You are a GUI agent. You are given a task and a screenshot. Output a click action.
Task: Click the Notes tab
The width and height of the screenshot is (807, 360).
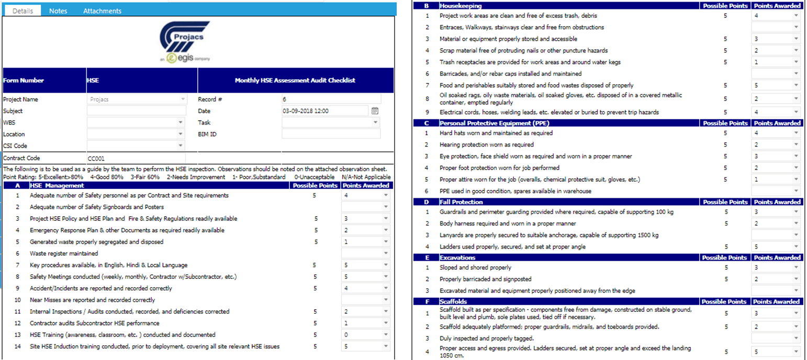[x=58, y=11]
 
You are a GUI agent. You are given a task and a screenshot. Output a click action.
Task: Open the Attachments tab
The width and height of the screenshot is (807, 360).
[x=102, y=11]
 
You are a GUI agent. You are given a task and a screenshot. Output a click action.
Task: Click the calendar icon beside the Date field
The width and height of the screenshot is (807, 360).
[x=375, y=111]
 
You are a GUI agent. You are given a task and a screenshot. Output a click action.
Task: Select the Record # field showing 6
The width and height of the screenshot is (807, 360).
[x=331, y=99]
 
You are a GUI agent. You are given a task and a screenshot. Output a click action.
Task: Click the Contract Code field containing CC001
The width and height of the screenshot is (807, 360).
[x=136, y=158]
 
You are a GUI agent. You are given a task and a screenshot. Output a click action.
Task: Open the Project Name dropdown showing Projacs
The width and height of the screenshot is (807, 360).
[x=136, y=99]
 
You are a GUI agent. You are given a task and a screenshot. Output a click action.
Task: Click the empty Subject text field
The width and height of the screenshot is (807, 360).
[x=136, y=111]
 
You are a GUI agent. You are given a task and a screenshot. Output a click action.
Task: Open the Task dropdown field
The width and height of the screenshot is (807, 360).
[x=331, y=122]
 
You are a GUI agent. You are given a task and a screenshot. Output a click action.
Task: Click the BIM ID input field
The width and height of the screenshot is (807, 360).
[x=331, y=134]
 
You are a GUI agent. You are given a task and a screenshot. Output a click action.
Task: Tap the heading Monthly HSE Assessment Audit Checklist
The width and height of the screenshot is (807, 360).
[x=295, y=81]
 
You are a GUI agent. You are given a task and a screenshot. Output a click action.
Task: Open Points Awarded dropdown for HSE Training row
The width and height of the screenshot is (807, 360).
[x=366, y=335]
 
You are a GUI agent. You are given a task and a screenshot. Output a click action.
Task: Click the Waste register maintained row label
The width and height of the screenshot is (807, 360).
[x=64, y=254]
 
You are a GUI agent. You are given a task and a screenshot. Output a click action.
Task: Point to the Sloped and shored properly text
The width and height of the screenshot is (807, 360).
[x=468, y=268]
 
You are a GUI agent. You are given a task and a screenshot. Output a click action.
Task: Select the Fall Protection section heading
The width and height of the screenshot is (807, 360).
[x=461, y=202]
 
